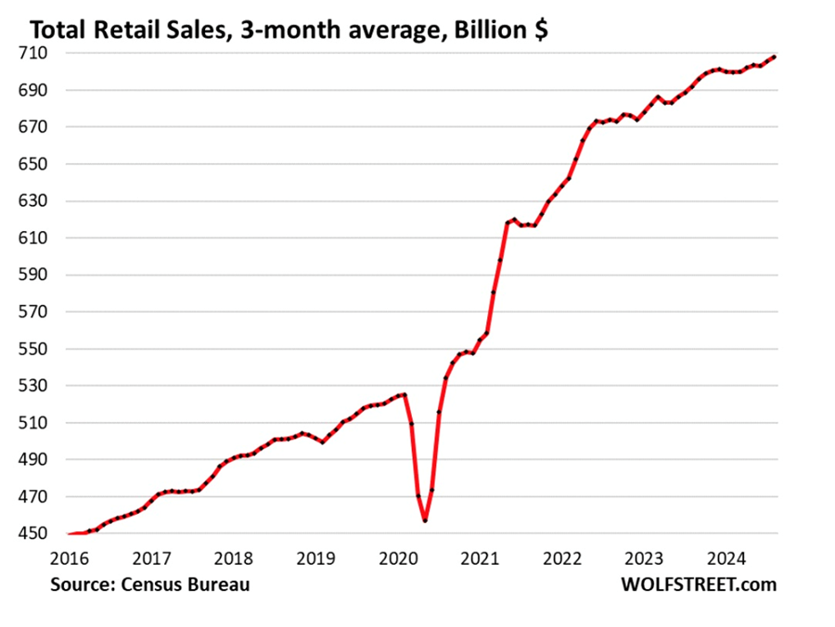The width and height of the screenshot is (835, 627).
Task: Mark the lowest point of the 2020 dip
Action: tap(425, 520)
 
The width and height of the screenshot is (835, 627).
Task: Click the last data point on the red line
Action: tap(774, 57)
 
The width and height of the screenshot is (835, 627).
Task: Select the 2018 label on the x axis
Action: tap(235, 558)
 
